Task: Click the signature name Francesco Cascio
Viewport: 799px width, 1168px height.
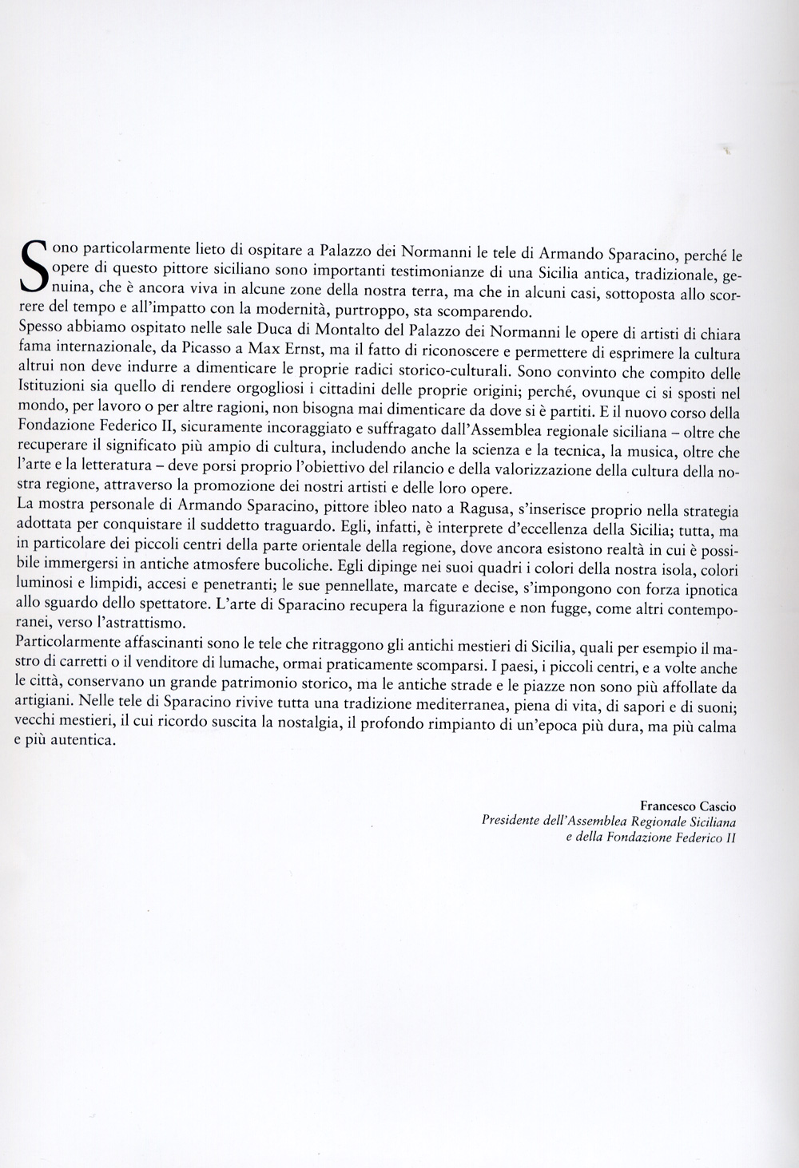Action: [x=688, y=807]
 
